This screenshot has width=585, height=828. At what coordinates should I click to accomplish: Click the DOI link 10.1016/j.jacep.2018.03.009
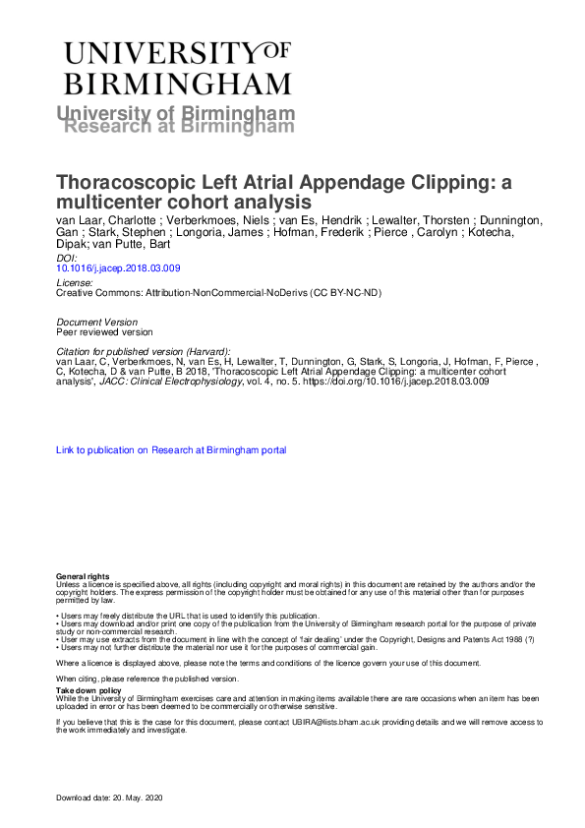(118, 267)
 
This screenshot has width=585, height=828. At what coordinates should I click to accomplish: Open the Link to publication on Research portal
(171, 450)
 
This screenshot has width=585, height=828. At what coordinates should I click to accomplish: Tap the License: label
(77, 283)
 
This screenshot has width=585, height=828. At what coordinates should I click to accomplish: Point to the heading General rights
(83, 575)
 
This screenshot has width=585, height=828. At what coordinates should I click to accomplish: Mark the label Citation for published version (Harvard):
(144, 351)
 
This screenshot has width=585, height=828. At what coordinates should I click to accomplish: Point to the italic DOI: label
(68, 257)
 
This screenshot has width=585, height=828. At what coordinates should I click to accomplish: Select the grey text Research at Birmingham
(178, 127)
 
